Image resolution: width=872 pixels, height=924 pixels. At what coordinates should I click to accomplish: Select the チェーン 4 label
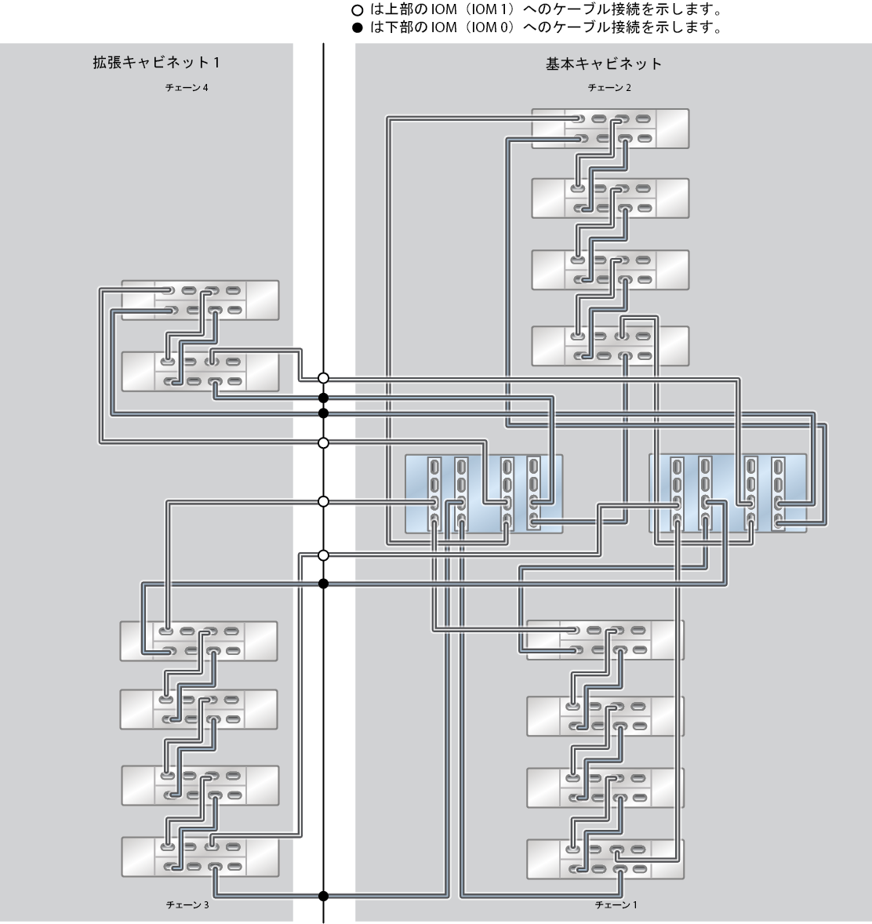click(187, 88)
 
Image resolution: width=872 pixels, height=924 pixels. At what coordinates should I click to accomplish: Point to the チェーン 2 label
click(610, 88)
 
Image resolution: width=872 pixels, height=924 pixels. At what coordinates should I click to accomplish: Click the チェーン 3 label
click(187, 904)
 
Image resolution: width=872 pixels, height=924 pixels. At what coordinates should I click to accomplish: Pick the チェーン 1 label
click(616, 904)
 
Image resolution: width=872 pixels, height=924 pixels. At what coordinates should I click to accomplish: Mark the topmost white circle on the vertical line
click(323, 378)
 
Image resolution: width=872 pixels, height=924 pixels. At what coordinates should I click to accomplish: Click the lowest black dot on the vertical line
click(323, 896)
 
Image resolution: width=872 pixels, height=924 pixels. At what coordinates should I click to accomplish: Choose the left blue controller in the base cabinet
click(484, 493)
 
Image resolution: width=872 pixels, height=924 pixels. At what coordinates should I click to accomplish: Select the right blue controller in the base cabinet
click(728, 493)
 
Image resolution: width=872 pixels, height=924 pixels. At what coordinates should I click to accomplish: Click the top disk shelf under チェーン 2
click(610, 129)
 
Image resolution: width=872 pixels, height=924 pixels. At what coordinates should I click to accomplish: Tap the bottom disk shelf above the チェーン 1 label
click(605, 859)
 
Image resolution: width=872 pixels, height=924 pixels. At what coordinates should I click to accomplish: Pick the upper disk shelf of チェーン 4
click(200, 300)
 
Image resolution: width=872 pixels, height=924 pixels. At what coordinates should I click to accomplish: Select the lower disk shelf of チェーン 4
click(200, 371)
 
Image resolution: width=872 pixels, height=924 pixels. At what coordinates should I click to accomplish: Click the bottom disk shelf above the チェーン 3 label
click(200, 857)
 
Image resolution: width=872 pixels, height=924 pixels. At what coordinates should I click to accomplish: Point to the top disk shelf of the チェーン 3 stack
click(198, 640)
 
